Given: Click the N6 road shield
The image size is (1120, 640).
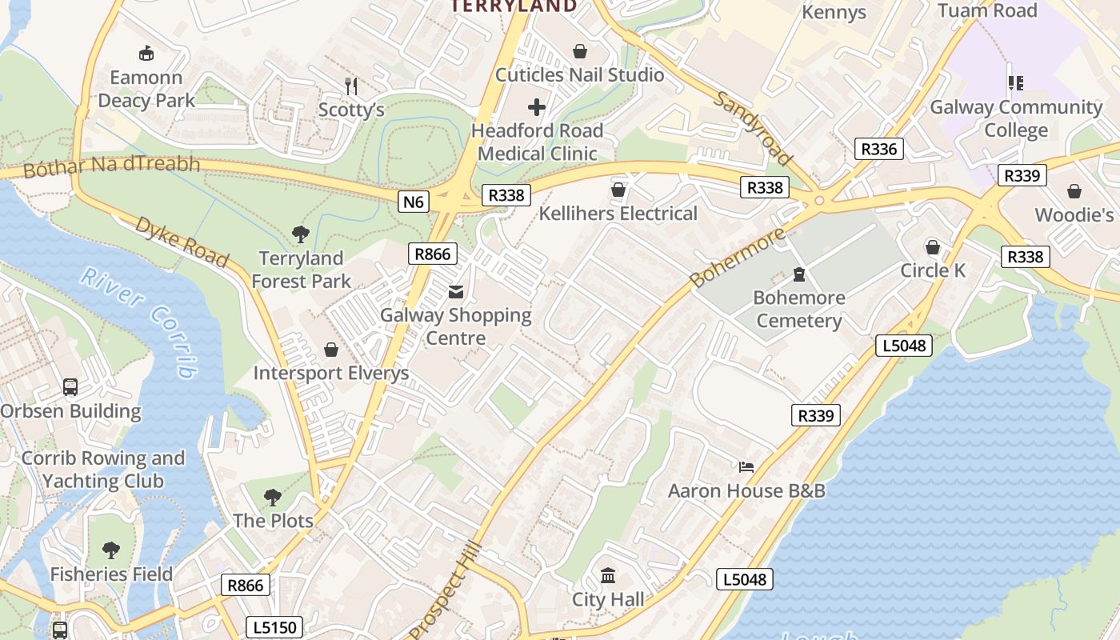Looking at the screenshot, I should click(x=413, y=202).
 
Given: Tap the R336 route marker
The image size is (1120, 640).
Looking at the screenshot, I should click(x=878, y=149).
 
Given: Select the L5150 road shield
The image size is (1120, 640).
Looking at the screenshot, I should click(x=274, y=627).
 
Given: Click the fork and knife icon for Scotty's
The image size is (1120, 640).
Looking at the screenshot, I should click(x=351, y=85).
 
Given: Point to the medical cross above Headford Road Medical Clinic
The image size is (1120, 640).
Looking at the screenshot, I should click(x=537, y=107).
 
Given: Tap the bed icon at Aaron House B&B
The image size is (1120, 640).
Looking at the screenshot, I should click(x=746, y=466).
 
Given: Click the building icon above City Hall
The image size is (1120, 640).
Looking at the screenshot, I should click(x=608, y=575).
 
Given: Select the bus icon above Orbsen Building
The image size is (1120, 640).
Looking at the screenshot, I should click(x=70, y=387).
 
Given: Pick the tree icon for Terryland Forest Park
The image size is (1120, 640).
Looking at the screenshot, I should click(x=301, y=234).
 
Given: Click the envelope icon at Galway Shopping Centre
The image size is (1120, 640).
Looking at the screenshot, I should click(x=455, y=291).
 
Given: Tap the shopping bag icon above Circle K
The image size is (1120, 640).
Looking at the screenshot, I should click(x=933, y=246).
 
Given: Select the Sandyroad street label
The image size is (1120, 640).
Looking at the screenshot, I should click(x=752, y=129).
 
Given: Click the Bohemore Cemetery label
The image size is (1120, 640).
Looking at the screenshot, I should click(x=799, y=310).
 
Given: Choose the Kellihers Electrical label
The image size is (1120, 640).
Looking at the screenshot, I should click(x=618, y=214).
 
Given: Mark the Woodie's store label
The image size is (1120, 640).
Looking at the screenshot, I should click(x=1074, y=215).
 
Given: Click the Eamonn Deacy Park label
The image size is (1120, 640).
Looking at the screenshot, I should click(x=146, y=89).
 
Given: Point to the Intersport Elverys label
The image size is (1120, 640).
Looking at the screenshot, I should click(x=331, y=374).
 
